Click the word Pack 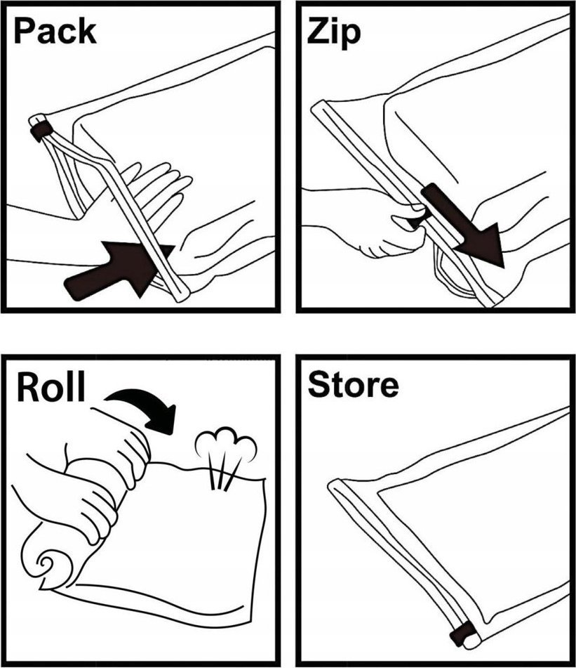[x=55, y=31]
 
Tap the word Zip [x=334, y=32]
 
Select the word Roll [x=51, y=387]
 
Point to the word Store [x=353, y=384]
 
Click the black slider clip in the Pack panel [x=41, y=130]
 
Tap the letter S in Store [x=319, y=384]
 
